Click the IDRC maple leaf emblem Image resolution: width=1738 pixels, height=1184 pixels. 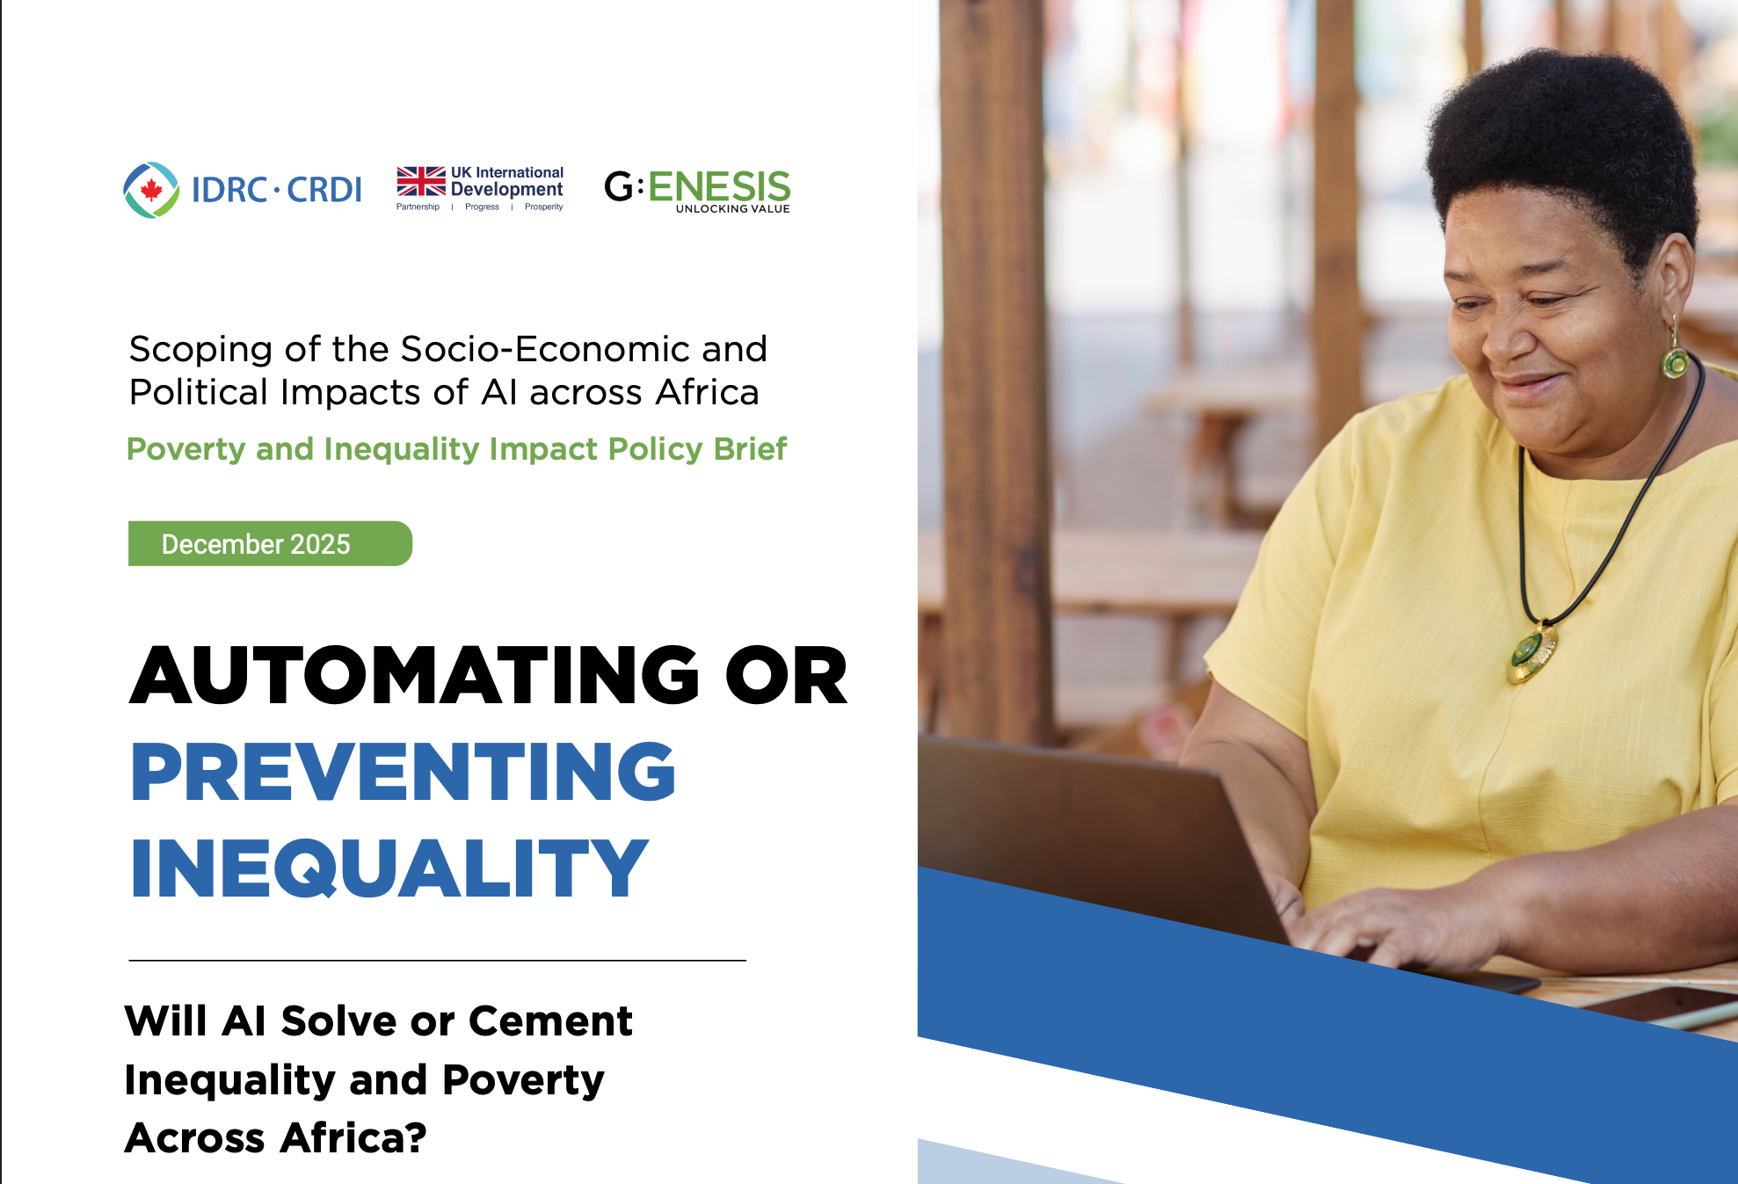tap(151, 190)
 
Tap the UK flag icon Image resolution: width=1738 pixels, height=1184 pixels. tap(420, 181)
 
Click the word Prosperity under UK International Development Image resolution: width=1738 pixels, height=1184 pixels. tap(543, 207)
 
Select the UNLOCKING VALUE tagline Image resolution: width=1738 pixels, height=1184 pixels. tap(732, 209)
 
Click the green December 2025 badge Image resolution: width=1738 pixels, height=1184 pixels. tap(269, 544)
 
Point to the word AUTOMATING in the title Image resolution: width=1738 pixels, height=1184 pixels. tap(414, 676)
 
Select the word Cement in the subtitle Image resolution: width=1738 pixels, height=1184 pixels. tap(549, 1021)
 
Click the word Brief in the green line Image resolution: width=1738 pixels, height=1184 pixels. tap(749, 449)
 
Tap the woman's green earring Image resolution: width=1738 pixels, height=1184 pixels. tap(1676, 360)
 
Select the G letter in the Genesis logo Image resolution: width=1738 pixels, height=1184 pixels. tap(619, 186)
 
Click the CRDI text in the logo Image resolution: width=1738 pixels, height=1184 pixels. tap(324, 190)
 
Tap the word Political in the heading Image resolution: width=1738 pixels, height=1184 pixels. tap(199, 392)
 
